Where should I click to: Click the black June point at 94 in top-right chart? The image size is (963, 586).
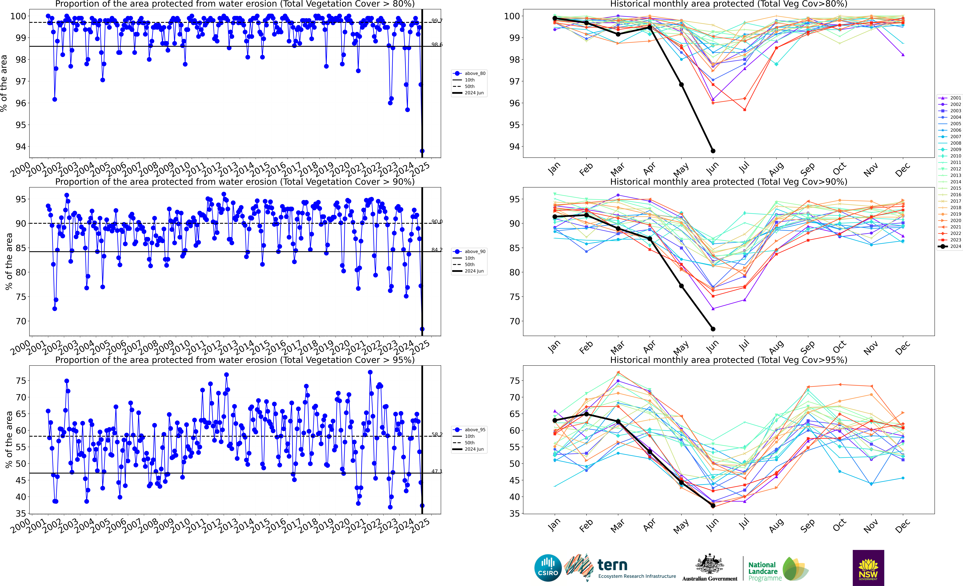click(x=713, y=151)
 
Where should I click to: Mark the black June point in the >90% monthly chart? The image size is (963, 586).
click(x=713, y=329)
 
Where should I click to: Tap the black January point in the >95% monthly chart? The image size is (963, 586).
click(x=555, y=420)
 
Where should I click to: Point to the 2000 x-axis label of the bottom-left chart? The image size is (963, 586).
click(x=20, y=525)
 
